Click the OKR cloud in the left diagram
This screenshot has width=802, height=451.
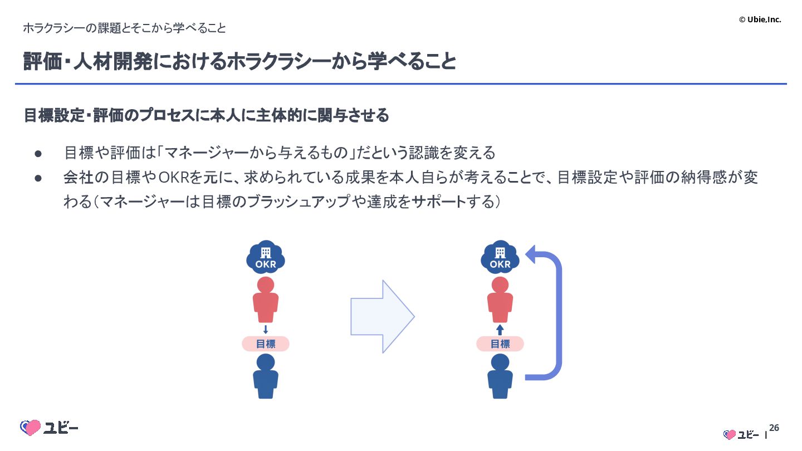click(x=266, y=258)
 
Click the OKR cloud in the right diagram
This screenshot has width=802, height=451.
click(x=500, y=258)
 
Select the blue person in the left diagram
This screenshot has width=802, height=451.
click(x=266, y=376)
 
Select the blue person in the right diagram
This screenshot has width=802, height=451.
click(x=500, y=376)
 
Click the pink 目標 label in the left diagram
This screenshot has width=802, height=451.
click(x=266, y=344)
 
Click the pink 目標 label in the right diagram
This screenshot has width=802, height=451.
click(x=500, y=344)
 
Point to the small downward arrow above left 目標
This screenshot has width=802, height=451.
click(x=266, y=329)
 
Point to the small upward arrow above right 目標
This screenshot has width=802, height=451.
click(x=500, y=330)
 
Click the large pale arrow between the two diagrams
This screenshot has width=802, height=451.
click(x=382, y=316)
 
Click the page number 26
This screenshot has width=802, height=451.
click(x=774, y=428)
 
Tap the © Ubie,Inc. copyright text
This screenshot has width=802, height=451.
click(x=760, y=19)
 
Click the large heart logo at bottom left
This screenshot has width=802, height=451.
click(x=31, y=428)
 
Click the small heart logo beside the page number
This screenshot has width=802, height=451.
click(x=730, y=434)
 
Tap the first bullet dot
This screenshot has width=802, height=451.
click(x=38, y=153)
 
